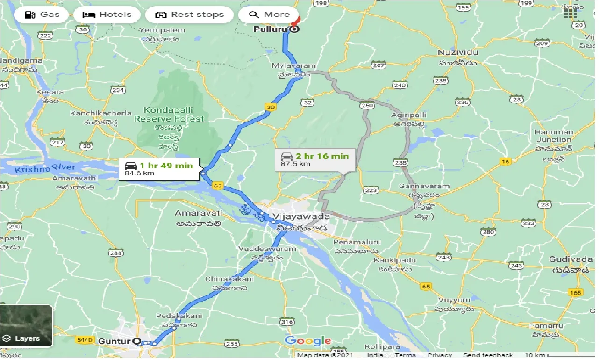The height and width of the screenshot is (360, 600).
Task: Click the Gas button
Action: click(x=42, y=14)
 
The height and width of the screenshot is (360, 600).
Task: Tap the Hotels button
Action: click(x=107, y=14)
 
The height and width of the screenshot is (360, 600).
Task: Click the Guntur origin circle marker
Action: click(x=136, y=341)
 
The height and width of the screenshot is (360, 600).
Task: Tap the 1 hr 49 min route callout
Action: click(x=159, y=169)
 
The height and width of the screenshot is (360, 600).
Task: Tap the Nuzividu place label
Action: click(x=457, y=52)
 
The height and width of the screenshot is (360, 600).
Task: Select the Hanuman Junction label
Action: click(x=554, y=136)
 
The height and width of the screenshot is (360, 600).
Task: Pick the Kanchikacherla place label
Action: click(x=94, y=114)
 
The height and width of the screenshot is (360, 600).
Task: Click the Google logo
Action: click(x=308, y=341)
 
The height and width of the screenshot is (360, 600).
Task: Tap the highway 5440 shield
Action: click(x=84, y=338)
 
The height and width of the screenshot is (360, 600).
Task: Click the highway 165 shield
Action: click(x=576, y=293)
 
